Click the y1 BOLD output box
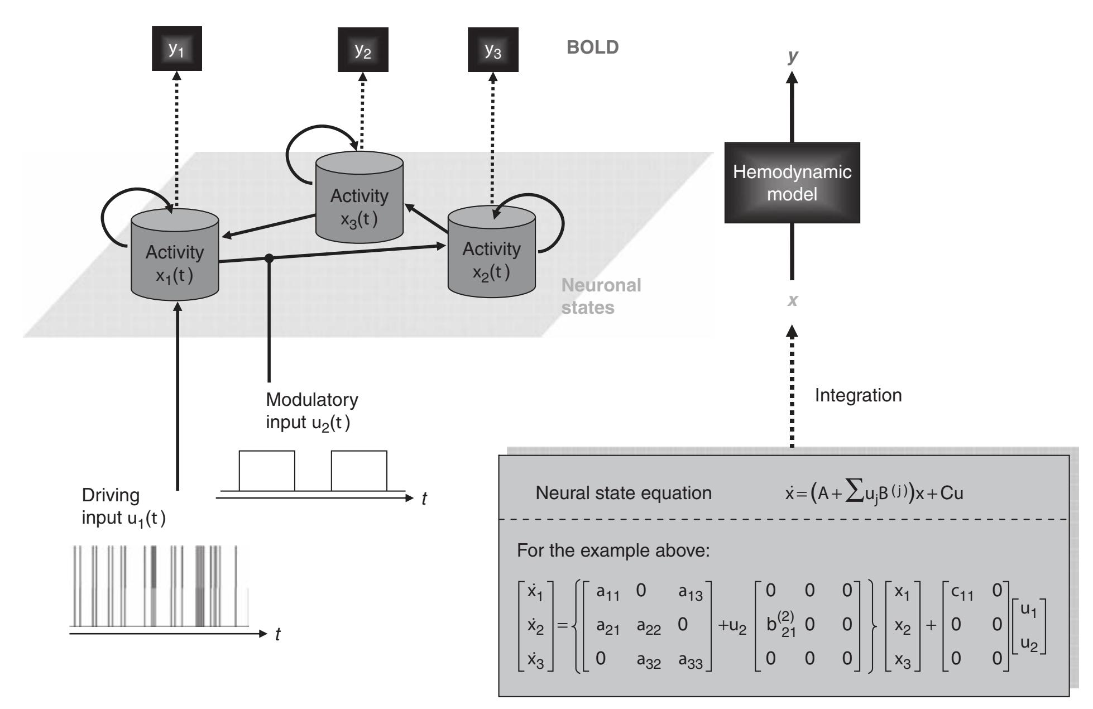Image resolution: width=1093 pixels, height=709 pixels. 176,49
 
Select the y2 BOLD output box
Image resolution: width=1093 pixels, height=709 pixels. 363,51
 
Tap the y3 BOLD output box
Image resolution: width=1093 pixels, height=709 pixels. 493,51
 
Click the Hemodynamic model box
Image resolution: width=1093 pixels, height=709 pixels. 792,183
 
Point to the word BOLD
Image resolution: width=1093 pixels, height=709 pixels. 593,47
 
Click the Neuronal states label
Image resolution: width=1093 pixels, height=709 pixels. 601,296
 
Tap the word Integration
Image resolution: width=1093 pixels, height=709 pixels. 858,395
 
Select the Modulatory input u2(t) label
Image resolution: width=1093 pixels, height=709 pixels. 311,411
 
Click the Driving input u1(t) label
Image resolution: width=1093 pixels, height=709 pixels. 123,506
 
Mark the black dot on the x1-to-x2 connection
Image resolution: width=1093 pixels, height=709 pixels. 269,258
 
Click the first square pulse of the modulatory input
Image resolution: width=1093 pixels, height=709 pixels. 267,470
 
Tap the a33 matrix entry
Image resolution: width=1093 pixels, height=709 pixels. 690,661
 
